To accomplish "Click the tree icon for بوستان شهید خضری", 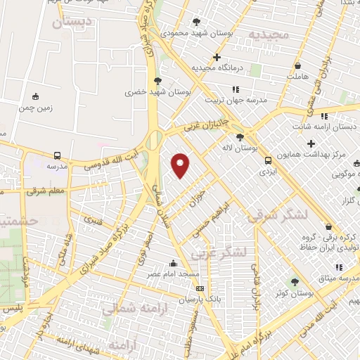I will pos(157,81).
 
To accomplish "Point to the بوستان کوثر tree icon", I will pos(295,282).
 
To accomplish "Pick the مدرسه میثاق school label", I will pos(316,278).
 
